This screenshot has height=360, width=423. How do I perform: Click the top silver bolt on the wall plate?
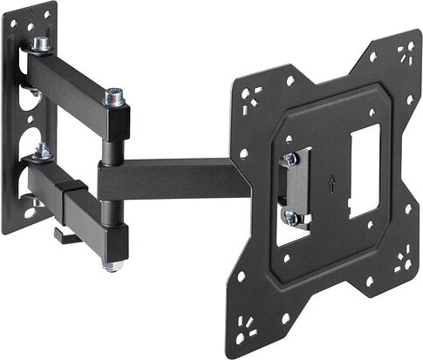point(40,44)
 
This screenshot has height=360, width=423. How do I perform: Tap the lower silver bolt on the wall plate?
point(41,153)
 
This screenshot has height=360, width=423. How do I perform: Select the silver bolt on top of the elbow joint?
point(113,97)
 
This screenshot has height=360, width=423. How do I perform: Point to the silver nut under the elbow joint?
point(111,264)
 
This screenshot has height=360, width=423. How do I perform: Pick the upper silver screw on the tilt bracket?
point(290,160)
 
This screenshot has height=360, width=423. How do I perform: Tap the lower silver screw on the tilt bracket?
point(290,218)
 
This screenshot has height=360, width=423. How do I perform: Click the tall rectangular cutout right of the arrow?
point(365,171)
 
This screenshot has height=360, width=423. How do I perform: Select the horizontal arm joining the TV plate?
point(174,179)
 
